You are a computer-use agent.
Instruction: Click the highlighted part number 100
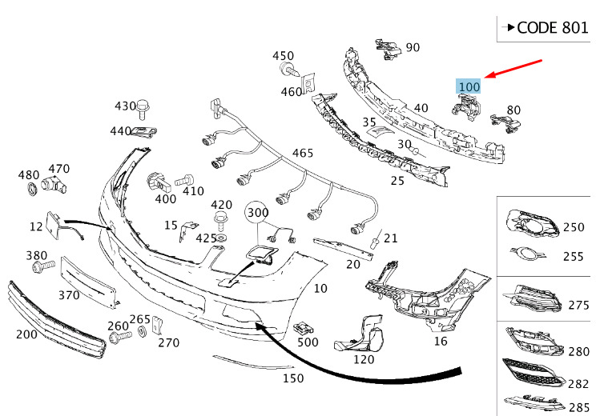click(x=469, y=86)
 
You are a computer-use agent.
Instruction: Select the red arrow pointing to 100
click(x=513, y=69)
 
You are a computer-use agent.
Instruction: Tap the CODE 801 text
click(x=553, y=28)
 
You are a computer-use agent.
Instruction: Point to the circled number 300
click(x=258, y=212)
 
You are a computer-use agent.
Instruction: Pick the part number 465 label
click(x=302, y=153)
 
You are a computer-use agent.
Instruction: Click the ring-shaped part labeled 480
click(x=32, y=189)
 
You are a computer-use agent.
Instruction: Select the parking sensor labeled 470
click(x=54, y=185)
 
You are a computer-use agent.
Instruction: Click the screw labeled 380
click(x=43, y=266)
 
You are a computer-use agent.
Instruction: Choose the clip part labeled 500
click(x=303, y=329)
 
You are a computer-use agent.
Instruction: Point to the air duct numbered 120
click(x=360, y=334)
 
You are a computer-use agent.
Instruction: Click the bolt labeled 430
click(x=143, y=108)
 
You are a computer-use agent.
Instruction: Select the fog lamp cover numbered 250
click(x=532, y=223)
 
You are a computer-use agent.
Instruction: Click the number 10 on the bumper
click(x=320, y=288)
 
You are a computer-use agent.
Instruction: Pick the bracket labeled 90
click(x=389, y=49)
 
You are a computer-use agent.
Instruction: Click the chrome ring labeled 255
click(x=528, y=254)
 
